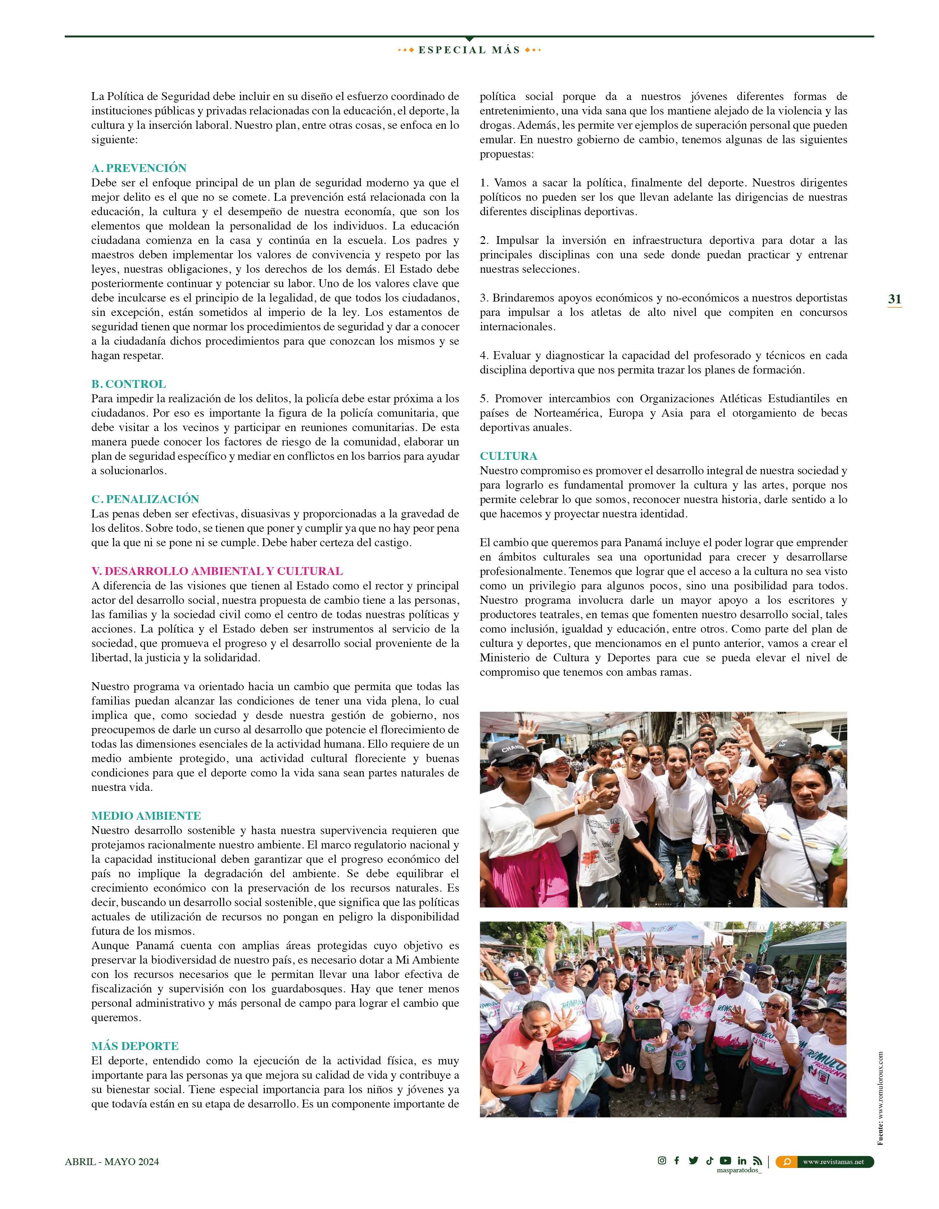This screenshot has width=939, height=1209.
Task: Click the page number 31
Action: coord(894,299)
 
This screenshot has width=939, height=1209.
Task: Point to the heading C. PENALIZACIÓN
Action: coord(145,499)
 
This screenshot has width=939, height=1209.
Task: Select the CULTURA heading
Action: coord(508,456)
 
